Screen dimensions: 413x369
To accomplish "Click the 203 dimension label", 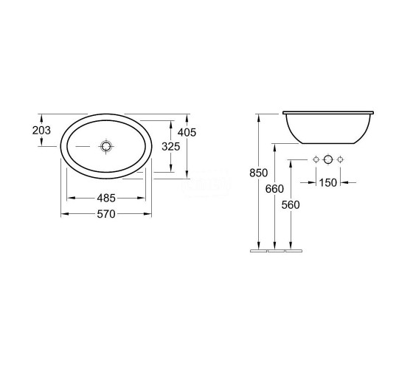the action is tap(41, 130).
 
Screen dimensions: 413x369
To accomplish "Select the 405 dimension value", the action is tap(187, 132).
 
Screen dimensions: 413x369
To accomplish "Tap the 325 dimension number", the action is tap(170, 147).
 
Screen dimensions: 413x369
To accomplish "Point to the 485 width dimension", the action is tap(106, 198).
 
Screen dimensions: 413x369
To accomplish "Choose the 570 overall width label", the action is tap(106, 214).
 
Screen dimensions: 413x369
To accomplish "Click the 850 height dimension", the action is tap(258, 173).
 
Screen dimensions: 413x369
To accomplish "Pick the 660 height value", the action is tap(274, 189).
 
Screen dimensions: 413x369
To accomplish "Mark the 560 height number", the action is tap(291, 205).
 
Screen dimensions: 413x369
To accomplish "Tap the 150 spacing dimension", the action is tap(328, 183).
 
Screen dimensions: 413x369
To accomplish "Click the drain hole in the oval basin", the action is tap(106, 146).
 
